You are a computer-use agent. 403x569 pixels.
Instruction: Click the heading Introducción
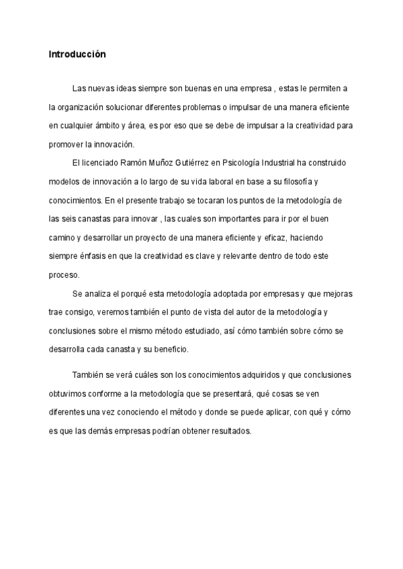tap(77, 54)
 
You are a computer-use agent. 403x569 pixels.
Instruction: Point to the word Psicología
tap(250, 163)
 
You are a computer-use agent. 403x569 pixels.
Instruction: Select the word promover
tap(66, 144)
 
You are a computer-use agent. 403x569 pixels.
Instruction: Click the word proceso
tap(64, 274)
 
